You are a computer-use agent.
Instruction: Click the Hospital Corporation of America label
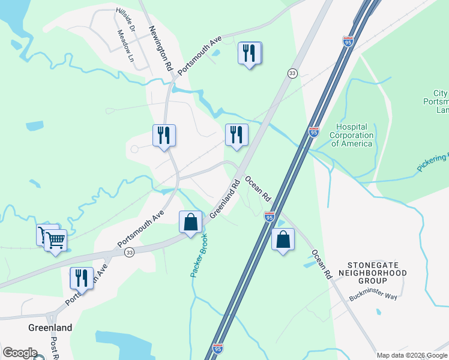coord(352,135)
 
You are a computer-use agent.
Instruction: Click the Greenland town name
coord(50,328)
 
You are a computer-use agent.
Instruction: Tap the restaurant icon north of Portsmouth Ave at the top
coord(250,53)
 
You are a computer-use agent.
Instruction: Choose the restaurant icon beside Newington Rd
coord(164,135)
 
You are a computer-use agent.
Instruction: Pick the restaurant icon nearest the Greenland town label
coord(81,278)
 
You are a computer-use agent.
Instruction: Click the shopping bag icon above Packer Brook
coord(190,222)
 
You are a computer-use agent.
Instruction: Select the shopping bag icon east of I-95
coord(283,239)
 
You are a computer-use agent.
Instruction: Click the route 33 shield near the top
coord(292,73)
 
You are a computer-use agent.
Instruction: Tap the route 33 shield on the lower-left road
coord(129,253)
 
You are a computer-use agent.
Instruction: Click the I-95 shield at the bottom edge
coord(218,348)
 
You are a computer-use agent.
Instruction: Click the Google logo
coord(20,353)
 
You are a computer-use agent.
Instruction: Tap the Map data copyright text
coord(412,355)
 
